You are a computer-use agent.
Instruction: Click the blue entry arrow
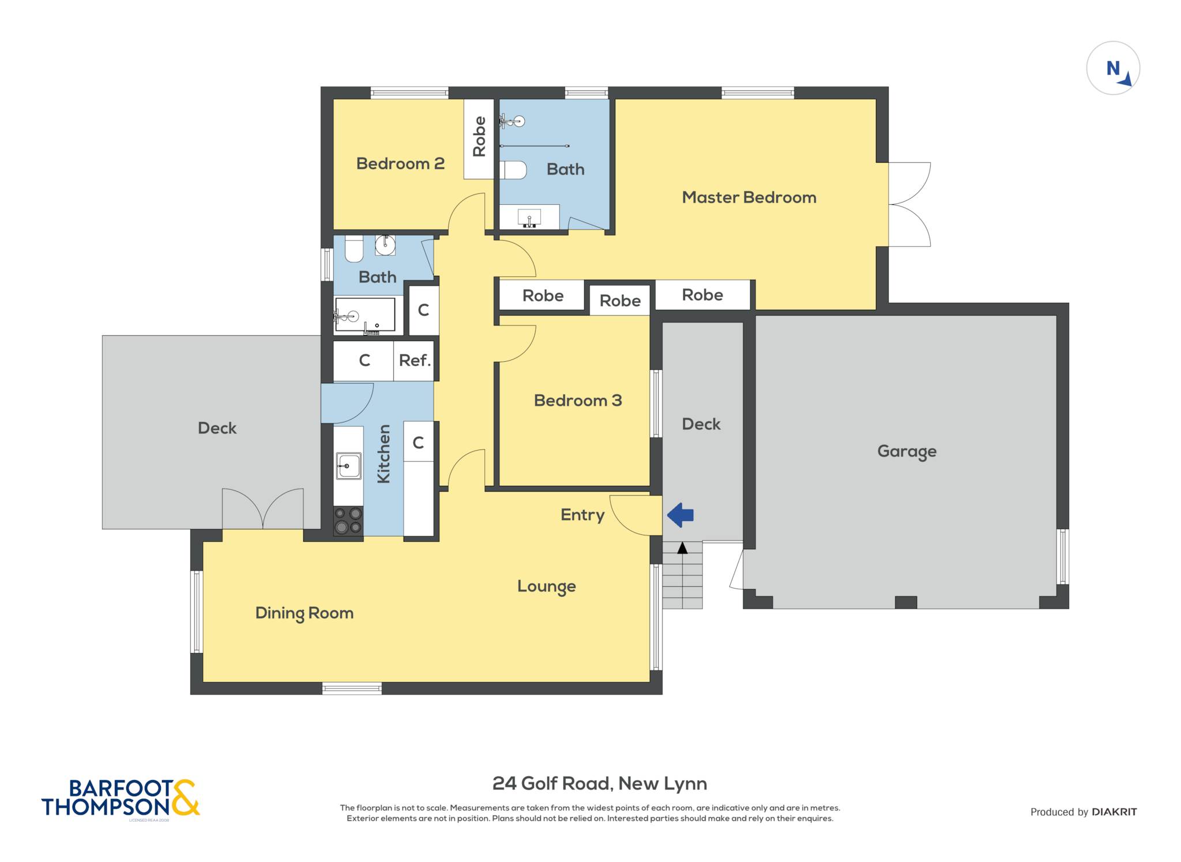coord(680,515)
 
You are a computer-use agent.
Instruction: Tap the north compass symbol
coord(1113,68)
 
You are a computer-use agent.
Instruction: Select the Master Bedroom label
coord(749,197)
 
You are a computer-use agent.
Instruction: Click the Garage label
coord(907,451)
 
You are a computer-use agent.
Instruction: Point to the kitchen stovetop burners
coord(348,520)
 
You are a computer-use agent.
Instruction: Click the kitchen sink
coord(348,466)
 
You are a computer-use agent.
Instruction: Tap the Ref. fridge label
coord(415,361)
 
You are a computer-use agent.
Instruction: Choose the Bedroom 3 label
coord(578,400)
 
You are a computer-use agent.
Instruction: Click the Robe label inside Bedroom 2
coord(479,137)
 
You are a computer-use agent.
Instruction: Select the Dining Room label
coord(304,613)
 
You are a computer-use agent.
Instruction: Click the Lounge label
coord(547,586)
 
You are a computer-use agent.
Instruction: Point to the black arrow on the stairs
coord(682,548)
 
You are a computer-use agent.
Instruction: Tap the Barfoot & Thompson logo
coord(121,798)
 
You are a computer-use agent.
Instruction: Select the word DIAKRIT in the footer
coord(1114,812)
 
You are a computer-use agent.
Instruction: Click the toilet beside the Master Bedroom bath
coord(513,170)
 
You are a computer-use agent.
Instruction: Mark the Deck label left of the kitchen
coord(217,428)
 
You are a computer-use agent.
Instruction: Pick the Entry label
coord(582,515)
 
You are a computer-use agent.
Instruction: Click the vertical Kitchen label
coord(383,454)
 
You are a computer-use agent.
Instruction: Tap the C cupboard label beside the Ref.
coord(364,361)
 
